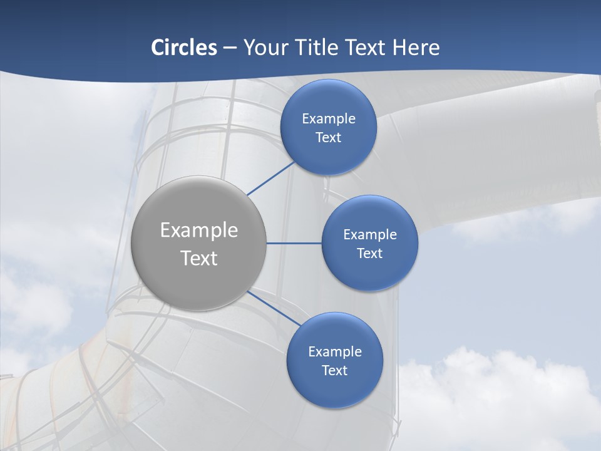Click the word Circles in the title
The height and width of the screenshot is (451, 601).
pyautogui.click(x=184, y=48)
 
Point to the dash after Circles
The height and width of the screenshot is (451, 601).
pyautogui.click(x=230, y=48)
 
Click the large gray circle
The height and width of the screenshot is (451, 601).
pyautogui.click(x=199, y=282)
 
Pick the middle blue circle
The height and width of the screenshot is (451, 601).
pyautogui.click(x=369, y=272)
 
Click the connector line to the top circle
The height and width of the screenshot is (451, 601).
pyautogui.click(x=270, y=179)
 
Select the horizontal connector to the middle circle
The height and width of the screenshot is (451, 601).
pyautogui.click(x=294, y=243)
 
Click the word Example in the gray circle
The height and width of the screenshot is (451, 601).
pyautogui.click(x=199, y=231)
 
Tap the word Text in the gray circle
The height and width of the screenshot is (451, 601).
pyautogui.click(x=199, y=258)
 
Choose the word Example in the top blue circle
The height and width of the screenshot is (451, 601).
pyautogui.click(x=328, y=119)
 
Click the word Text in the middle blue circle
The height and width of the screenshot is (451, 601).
pyautogui.click(x=369, y=254)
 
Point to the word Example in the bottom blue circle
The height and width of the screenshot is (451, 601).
pyautogui.click(x=334, y=352)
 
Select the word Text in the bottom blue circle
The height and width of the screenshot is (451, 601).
pyautogui.click(x=334, y=371)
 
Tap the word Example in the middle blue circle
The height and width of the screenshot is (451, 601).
pyautogui.click(x=369, y=235)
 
